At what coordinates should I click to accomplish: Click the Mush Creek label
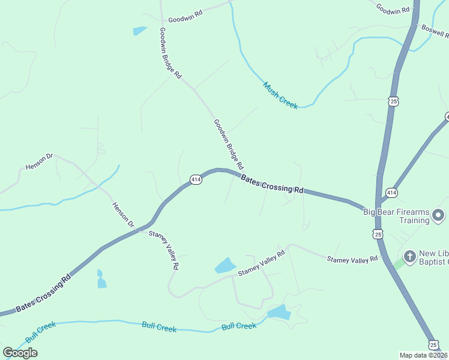pyautogui.click(x=280, y=95)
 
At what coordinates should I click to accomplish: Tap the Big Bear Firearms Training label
pyautogui.click(x=397, y=216)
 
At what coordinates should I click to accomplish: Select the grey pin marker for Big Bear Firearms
pyautogui.click(x=439, y=215)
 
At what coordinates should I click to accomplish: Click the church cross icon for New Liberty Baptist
pyautogui.click(x=410, y=257)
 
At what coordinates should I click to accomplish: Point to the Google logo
pyautogui.click(x=20, y=353)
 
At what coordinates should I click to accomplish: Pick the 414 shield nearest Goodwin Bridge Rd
pyautogui.click(x=196, y=179)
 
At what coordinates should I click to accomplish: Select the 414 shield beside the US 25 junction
pyautogui.click(x=391, y=193)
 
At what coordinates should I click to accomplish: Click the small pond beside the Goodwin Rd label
pyautogui.click(x=140, y=31)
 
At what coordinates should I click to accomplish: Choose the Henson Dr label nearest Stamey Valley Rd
pyautogui.click(x=124, y=214)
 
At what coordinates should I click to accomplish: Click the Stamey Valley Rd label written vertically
pyautogui.click(x=164, y=250)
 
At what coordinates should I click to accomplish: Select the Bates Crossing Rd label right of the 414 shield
pyautogui.click(x=272, y=184)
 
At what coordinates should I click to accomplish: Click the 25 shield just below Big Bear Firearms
pyautogui.click(x=378, y=234)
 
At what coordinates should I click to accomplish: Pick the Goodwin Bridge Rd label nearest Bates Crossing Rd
pyautogui.click(x=228, y=143)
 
